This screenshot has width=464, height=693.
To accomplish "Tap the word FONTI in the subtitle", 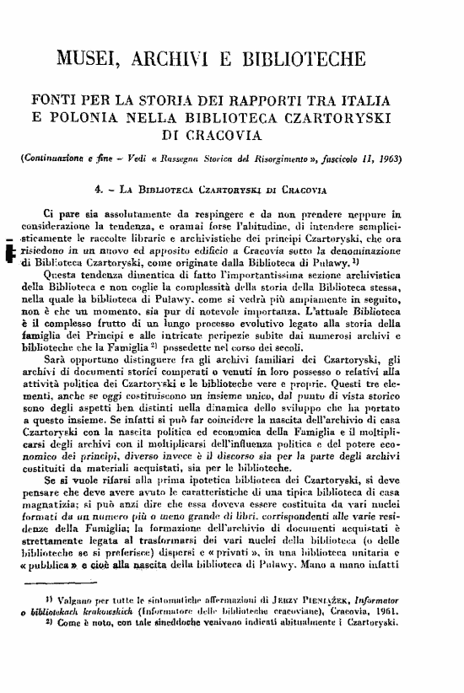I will click(55, 99).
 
